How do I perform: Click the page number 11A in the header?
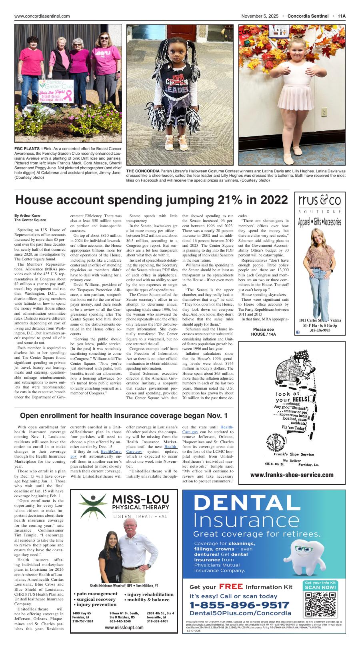(x=341, y=16)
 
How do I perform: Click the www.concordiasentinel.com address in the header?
(x=42, y=16)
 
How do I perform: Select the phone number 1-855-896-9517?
(x=239, y=605)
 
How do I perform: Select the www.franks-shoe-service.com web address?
(x=292, y=475)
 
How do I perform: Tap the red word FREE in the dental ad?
(x=231, y=587)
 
